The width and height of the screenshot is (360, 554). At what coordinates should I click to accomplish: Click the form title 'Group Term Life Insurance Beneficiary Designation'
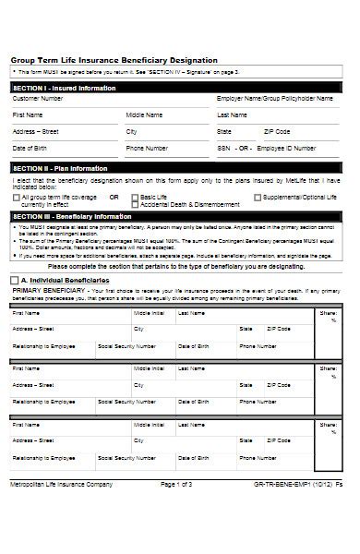pos(114,59)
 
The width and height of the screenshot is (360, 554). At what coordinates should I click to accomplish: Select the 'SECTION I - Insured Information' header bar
pos(65,88)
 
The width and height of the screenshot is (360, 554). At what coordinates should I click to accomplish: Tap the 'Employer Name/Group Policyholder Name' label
pos(276,98)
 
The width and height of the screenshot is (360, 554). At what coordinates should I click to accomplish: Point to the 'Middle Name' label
pos(145,115)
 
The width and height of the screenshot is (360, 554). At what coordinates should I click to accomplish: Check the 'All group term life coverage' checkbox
pos(17,197)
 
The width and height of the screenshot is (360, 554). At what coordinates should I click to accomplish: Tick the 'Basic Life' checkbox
pos(136,197)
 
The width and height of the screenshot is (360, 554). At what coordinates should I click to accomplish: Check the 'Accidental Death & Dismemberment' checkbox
pos(136,204)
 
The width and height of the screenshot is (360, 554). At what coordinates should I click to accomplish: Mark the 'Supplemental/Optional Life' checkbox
pos(258,197)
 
